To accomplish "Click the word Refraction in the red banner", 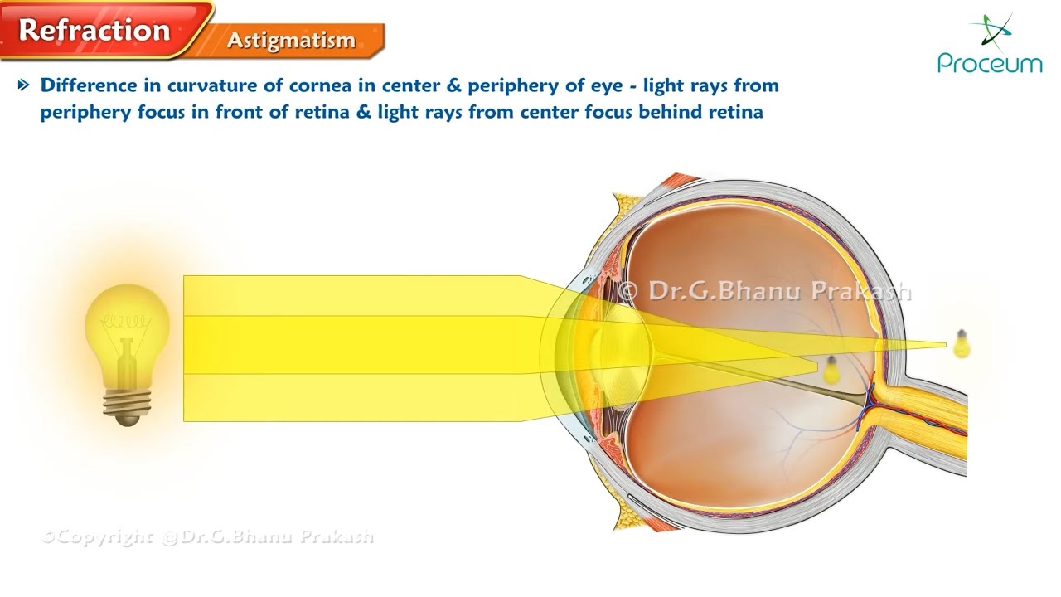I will click(x=94, y=30).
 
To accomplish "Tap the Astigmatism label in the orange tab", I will click(x=292, y=41).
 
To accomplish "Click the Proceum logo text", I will click(x=990, y=63).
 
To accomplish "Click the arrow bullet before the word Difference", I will click(x=23, y=85).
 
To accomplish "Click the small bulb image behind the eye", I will click(x=962, y=344).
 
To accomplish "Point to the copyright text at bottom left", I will click(x=208, y=537).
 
